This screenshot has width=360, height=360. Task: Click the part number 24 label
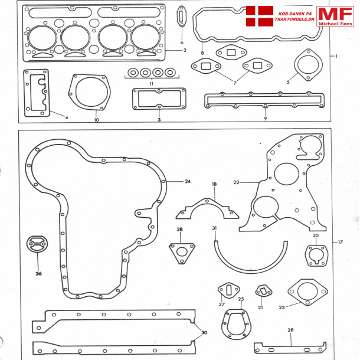[188, 181]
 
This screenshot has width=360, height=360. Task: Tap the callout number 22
[235, 182]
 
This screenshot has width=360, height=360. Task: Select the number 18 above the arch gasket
[214, 184]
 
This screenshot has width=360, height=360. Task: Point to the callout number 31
[215, 228]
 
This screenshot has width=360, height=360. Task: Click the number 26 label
[39, 273]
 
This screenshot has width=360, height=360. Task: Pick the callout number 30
[204, 332]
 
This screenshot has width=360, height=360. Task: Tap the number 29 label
[290, 329]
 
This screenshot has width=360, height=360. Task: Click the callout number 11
[152, 84]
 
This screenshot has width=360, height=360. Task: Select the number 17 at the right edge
[340, 243]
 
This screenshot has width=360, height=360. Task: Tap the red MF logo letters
[335, 14]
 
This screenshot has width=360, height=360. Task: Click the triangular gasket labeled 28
[181, 252]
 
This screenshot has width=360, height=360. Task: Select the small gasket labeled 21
[262, 292]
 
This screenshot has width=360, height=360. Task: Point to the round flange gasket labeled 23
[307, 292]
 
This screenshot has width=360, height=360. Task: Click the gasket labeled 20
[316, 255]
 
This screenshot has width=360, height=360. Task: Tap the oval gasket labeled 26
[37, 244]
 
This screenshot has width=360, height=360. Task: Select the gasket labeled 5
[306, 64]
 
